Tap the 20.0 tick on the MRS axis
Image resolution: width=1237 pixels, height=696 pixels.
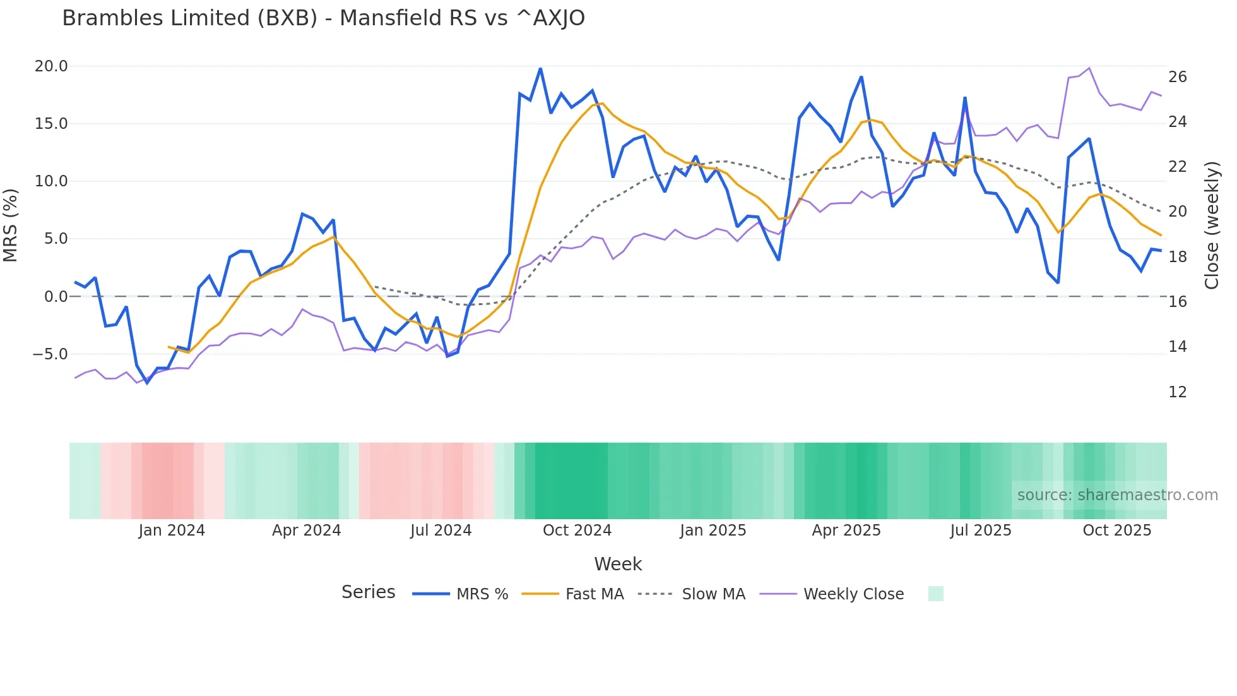pyautogui.click(x=51, y=66)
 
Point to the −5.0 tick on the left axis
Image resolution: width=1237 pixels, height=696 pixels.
pyautogui.click(x=50, y=354)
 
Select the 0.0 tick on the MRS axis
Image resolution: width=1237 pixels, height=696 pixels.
pyautogui.click(x=56, y=297)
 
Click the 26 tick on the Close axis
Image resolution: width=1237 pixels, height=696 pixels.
pyautogui.click(x=1178, y=77)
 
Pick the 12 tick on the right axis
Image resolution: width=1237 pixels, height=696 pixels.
pyautogui.click(x=1178, y=392)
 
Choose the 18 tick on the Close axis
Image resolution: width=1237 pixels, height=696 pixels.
pyautogui.click(x=1178, y=257)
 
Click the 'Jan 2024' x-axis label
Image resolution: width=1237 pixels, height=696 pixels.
pyautogui.click(x=172, y=531)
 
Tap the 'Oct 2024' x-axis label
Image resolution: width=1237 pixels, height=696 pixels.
pyautogui.click(x=577, y=531)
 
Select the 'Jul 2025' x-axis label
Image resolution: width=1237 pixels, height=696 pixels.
pyautogui.click(x=981, y=531)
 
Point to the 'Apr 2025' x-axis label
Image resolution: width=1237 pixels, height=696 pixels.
pyautogui.click(x=846, y=531)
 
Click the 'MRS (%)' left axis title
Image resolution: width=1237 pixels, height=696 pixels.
pyautogui.click(x=10, y=225)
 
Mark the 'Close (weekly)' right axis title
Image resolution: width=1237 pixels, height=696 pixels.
pyautogui.click(x=1212, y=225)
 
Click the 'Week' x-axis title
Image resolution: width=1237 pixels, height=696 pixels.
pyautogui.click(x=618, y=564)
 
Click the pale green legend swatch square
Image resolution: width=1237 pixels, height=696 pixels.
pyautogui.click(x=936, y=594)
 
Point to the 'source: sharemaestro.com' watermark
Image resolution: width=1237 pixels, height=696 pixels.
pyautogui.click(x=1117, y=495)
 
